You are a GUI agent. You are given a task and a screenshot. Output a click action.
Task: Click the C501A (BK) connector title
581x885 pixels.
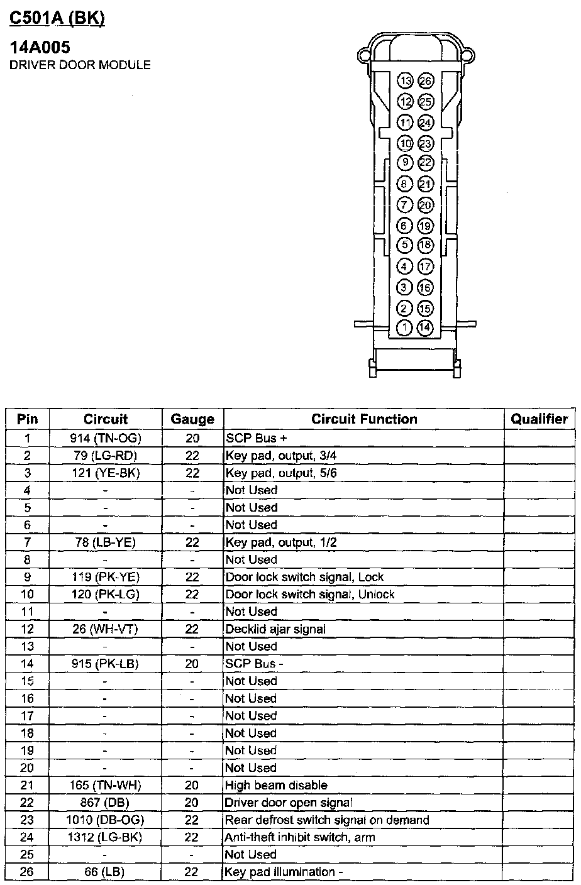click(x=57, y=18)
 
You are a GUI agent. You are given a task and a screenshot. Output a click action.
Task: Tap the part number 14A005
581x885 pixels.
click(x=40, y=47)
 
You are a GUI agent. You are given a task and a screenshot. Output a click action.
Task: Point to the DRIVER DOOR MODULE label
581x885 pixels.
click(x=80, y=65)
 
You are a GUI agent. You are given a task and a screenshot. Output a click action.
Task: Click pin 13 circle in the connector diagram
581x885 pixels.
click(x=406, y=81)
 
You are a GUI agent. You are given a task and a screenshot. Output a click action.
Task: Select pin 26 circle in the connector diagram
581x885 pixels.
click(x=426, y=81)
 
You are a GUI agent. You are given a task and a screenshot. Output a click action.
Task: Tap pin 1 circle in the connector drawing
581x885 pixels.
click(x=406, y=327)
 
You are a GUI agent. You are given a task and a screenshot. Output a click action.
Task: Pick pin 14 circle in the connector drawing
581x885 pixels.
click(x=426, y=327)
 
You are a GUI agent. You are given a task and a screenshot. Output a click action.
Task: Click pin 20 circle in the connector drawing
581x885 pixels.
click(x=426, y=205)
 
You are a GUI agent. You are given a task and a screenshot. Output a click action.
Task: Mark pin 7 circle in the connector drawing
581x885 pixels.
click(x=406, y=205)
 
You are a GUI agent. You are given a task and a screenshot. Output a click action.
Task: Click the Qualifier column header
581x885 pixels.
click(x=539, y=419)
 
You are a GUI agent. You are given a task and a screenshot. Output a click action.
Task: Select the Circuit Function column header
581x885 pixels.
click(x=364, y=419)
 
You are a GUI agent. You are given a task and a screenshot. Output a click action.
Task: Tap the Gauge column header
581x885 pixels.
click(x=192, y=419)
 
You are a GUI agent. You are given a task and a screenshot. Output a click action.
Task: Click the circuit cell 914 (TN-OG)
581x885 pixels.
click(x=105, y=438)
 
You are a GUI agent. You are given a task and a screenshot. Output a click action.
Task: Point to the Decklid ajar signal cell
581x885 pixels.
click(x=275, y=629)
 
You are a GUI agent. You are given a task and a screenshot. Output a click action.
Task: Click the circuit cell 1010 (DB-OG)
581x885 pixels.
click(x=105, y=820)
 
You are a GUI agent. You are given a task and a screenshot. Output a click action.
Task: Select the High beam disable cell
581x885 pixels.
click(x=276, y=785)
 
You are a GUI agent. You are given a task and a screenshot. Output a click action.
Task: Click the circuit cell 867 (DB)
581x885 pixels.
click(x=105, y=803)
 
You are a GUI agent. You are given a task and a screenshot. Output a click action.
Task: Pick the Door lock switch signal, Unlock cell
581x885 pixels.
click(x=310, y=595)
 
